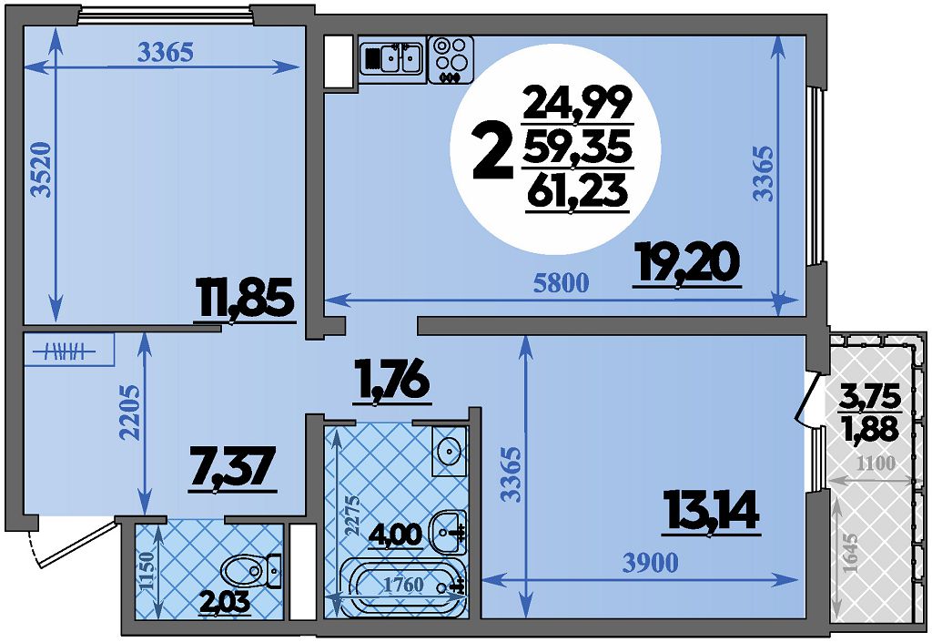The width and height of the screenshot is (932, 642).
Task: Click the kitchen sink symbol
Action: [392, 56]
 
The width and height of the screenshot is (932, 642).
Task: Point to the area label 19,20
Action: [687, 264]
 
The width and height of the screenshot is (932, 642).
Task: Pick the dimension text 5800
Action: [561, 283]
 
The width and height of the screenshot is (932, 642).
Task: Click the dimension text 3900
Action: [650, 563]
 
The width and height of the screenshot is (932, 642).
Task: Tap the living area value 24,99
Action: [576, 103]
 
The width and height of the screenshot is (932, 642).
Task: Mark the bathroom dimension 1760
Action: [403, 585]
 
